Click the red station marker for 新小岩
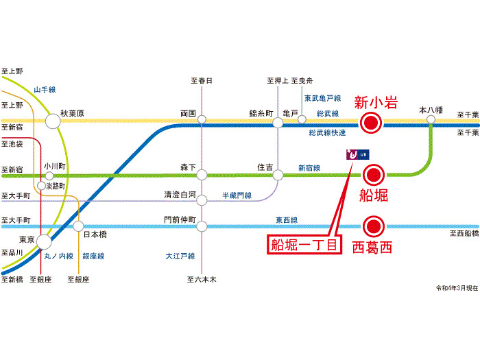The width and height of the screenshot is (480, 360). point(371,123)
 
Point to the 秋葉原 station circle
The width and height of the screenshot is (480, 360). point(52,122)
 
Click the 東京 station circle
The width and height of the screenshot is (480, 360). point(44,241)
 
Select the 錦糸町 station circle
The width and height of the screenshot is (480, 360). point(278,123)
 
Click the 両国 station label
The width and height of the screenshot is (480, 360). point(189,112)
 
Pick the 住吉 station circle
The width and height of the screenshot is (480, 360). point(278,176)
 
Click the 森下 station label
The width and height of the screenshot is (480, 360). point(188,167)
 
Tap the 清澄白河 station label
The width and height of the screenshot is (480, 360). point(180,195)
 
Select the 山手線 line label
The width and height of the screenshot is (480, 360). point(45,90)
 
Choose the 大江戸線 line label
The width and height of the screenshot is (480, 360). point(180,256)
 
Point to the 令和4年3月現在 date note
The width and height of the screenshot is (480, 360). point(457,287)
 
